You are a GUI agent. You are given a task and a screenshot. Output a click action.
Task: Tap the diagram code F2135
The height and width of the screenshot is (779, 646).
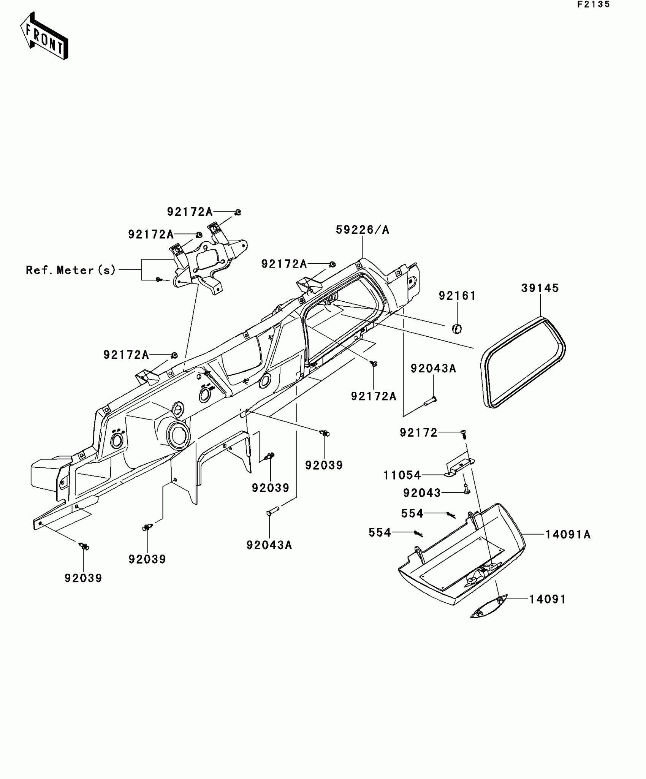point(593,5)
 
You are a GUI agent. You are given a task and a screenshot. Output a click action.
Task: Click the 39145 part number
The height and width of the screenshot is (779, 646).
point(540,288)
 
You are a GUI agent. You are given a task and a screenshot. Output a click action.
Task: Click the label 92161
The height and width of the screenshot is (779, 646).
point(457,296)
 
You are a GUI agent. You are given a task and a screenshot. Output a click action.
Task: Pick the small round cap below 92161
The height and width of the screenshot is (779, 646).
point(457,329)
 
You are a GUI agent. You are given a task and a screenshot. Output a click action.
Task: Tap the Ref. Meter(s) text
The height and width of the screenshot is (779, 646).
point(71,270)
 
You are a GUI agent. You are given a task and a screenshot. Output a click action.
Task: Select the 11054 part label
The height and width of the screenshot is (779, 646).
point(402,475)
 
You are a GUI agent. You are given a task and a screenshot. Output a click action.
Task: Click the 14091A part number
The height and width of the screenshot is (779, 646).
point(568,534)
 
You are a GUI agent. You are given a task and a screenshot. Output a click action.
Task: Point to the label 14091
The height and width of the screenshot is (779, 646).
point(547,599)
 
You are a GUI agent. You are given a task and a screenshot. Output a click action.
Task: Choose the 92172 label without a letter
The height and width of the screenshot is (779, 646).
point(418,432)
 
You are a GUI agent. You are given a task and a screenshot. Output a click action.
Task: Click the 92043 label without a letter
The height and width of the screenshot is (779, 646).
point(422,493)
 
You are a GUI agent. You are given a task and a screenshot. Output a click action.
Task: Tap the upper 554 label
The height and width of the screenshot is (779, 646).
point(412,513)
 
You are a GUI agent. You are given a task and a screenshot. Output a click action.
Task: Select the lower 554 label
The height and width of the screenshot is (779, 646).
point(380,532)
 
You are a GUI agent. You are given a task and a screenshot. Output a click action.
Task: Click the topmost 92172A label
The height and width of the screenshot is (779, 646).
point(190,212)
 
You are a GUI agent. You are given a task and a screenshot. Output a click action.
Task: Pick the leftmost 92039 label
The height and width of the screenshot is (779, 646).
point(83,578)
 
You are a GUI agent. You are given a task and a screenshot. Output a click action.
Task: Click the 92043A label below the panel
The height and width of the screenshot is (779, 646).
point(269,545)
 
